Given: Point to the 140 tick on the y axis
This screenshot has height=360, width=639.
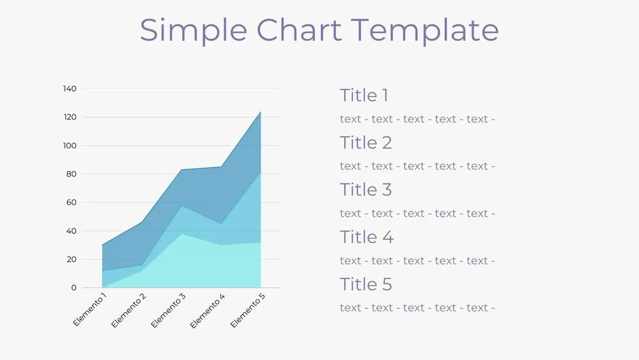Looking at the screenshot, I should click(70, 89).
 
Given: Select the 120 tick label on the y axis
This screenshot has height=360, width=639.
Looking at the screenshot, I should click(70, 117).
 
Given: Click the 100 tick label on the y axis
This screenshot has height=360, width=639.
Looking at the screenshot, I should click(70, 146).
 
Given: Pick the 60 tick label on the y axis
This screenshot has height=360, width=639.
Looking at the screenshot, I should click(71, 203).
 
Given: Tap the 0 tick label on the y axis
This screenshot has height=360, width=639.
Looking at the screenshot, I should click(73, 288).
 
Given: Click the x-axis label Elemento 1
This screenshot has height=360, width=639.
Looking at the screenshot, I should click(90, 309).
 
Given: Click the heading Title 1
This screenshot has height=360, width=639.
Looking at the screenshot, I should click(364, 96).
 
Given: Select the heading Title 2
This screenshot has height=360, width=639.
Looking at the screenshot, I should click(366, 143).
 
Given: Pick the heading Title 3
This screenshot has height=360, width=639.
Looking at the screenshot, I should click(366, 190).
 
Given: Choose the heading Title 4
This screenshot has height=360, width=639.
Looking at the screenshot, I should click(366, 237).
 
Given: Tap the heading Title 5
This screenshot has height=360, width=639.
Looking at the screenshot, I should click(366, 284).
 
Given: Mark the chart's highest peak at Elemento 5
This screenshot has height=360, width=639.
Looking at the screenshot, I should click(261, 112).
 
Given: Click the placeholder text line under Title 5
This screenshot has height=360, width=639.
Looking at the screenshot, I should click(417, 308).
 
